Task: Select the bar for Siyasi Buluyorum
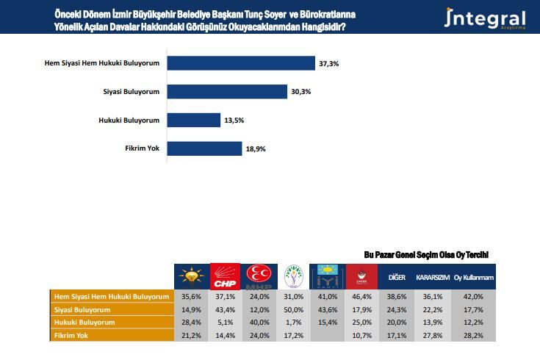point(227,91)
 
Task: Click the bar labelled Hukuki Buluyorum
point(194,120)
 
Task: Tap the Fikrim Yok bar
point(205,148)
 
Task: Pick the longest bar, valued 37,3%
point(241,63)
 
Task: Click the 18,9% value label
point(256,148)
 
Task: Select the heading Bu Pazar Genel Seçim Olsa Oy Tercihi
point(427,254)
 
